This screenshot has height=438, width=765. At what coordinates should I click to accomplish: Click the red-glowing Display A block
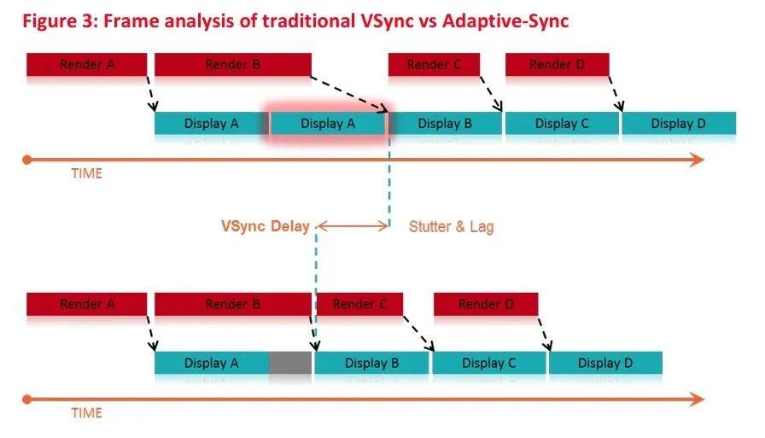328,123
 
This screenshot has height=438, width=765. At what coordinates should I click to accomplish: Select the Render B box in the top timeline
233,64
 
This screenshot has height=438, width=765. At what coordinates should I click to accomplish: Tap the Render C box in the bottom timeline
360,304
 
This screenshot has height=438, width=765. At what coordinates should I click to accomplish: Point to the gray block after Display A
290,363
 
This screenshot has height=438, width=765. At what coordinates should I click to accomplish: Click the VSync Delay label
266,226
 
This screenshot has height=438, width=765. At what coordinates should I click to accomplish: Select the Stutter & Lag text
452,226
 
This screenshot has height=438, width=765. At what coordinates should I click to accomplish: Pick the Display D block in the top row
679,123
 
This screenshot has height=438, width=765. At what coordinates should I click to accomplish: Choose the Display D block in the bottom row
605,363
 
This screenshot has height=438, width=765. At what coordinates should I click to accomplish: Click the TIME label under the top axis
87,173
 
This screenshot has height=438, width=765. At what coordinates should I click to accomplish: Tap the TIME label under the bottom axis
87,413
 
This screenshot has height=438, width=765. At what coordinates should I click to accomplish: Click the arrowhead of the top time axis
698,160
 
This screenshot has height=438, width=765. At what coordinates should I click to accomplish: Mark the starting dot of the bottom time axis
27,400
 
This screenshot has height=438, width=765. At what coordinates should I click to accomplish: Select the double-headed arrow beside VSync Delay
353,225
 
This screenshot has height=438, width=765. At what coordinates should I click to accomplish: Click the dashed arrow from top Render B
349,94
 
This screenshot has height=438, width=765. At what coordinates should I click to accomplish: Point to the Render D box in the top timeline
558,64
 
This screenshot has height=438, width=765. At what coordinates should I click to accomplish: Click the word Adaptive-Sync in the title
505,21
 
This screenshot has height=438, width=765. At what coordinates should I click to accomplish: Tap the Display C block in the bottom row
489,363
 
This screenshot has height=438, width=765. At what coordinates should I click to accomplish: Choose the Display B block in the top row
445,123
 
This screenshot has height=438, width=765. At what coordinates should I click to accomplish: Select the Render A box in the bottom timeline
87,304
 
